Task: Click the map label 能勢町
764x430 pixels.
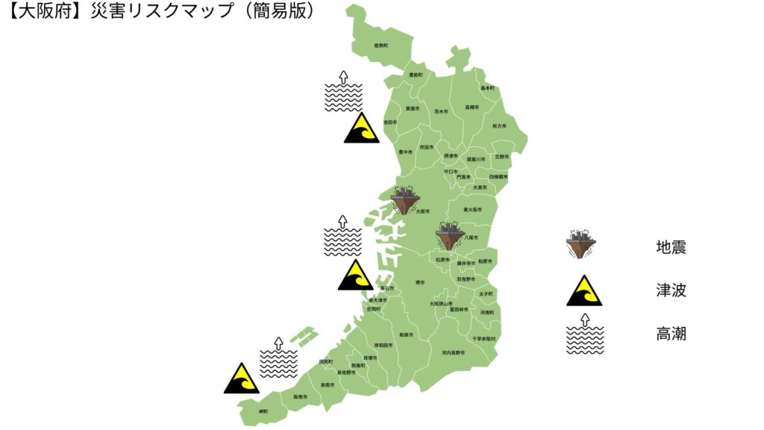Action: [x=381, y=46]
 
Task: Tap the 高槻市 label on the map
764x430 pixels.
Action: [x=471, y=107]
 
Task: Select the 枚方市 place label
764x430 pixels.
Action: [x=499, y=126]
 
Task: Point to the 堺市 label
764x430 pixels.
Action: [x=420, y=283]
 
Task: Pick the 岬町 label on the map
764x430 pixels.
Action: [x=263, y=411]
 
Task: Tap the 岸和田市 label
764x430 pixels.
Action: [x=383, y=346]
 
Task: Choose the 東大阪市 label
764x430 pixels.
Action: [x=473, y=210]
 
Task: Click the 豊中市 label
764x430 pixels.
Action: [x=405, y=152]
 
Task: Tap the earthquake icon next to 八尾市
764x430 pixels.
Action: [x=450, y=234]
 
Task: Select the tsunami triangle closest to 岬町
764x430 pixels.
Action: [x=242, y=378]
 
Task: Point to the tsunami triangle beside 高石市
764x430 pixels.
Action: [x=356, y=275]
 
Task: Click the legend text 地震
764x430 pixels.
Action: [x=671, y=247]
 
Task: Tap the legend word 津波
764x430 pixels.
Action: [x=671, y=290]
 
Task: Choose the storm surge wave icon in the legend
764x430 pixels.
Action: [x=585, y=334]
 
